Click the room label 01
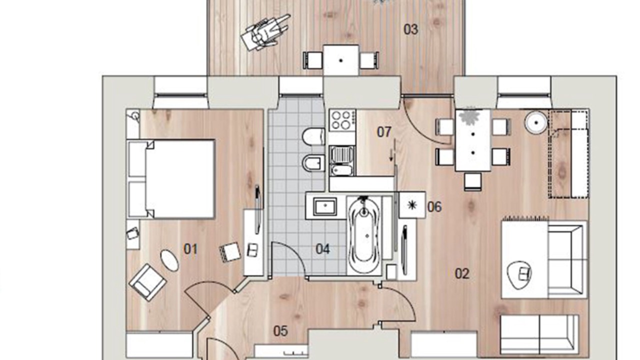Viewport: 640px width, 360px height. tap(190, 249)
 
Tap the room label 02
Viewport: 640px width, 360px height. tap(462, 273)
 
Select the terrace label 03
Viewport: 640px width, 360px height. tap(410, 29)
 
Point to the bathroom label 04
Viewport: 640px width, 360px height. tap(322, 249)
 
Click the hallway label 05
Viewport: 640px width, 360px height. tap(280, 331)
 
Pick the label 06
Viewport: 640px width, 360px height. tap(434, 207)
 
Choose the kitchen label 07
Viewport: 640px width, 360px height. tap(384, 132)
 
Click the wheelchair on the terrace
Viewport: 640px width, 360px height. tap(264, 32)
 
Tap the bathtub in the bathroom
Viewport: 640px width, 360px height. tap(363, 235)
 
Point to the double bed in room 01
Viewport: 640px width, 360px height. tap(171, 179)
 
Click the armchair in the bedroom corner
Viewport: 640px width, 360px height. tap(147, 282)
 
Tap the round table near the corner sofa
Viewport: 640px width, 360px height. tap(535, 122)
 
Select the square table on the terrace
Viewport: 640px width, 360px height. tap(341, 60)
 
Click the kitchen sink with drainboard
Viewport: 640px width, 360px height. tap(341, 160)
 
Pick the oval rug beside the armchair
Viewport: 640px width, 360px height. tap(169, 260)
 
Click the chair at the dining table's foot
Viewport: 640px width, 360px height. tap(472, 181)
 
